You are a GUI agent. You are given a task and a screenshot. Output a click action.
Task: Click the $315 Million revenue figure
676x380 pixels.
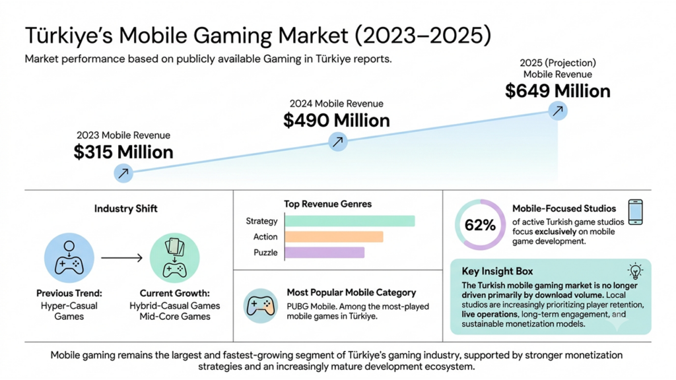[123, 152]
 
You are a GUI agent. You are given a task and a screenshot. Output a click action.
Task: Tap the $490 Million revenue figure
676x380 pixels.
[336, 121]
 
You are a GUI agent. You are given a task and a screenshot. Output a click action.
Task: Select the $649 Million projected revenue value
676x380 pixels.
[557, 91]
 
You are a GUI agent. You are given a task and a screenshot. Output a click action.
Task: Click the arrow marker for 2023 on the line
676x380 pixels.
[123, 174]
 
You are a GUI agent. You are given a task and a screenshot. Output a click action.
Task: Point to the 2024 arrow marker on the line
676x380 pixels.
[337, 141]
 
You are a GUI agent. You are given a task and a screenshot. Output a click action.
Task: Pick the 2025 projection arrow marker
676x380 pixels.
[558, 111]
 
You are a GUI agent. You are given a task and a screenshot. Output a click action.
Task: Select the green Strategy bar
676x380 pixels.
[350, 221]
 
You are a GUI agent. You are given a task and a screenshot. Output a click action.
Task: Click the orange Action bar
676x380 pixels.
[334, 237]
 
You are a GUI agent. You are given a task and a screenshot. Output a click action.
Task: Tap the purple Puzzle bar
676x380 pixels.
[325, 253]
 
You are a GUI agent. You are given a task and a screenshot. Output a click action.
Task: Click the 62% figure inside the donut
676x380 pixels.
[480, 225]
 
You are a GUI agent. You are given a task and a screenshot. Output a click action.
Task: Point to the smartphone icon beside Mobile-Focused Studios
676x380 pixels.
[636, 212]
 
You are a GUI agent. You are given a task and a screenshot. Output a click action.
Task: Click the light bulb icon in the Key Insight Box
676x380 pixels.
[635, 271]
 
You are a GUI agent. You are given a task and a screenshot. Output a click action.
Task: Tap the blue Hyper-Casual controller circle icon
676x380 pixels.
[69, 258]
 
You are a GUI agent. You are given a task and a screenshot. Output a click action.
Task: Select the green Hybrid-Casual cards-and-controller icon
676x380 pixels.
[174, 258]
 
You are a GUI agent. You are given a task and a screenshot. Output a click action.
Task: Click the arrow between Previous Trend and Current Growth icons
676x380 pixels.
[121, 258]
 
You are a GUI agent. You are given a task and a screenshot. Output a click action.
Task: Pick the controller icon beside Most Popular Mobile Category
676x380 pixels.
[260, 306]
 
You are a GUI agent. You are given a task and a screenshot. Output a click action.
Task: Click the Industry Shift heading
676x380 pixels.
[126, 209]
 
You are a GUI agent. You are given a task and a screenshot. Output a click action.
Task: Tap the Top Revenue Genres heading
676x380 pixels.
[327, 205]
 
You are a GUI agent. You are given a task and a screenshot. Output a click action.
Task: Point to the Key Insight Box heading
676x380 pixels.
[497, 271]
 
